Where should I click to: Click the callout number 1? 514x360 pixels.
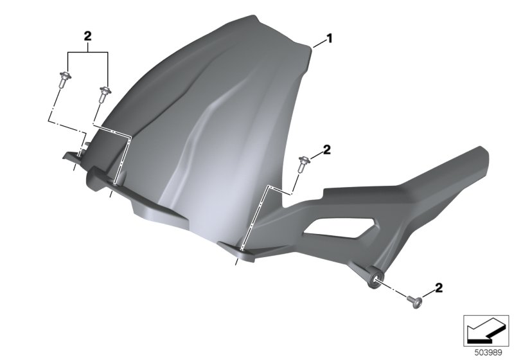[330, 39]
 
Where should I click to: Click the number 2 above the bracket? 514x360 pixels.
[87, 36]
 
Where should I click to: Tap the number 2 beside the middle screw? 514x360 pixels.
[327, 150]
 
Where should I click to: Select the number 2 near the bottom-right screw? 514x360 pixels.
[439, 287]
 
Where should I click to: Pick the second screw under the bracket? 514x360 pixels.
[105, 94]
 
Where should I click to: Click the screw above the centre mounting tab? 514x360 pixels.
[303, 165]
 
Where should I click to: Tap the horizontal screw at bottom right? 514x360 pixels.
[414, 303]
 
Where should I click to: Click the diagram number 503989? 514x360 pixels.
[488, 353]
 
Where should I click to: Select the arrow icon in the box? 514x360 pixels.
[485, 332]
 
